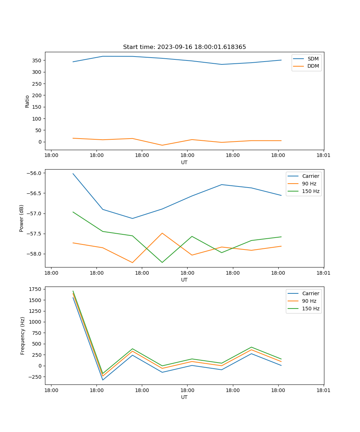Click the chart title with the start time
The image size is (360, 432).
pyautogui.click(x=184, y=47)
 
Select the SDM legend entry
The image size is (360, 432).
pyautogui.click(x=313, y=59)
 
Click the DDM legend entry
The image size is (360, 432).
pyautogui.click(x=313, y=66)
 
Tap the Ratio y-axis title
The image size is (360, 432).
pyautogui.click(x=27, y=101)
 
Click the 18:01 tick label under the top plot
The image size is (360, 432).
pyautogui.click(x=323, y=156)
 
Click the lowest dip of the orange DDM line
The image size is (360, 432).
pyautogui.click(x=162, y=145)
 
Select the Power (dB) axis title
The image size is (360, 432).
pyautogui.click(x=22, y=218)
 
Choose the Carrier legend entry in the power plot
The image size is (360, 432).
pyautogui.click(x=310, y=176)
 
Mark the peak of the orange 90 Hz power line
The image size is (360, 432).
pyautogui.click(x=162, y=233)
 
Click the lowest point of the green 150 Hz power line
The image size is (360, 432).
pyautogui.click(x=162, y=262)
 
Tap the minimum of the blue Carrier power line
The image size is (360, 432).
pyautogui.click(x=132, y=219)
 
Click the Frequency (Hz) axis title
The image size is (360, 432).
pyautogui.click(x=23, y=336)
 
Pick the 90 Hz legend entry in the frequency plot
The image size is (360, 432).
pyautogui.click(x=309, y=301)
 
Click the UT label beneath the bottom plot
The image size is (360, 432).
pyautogui.click(x=184, y=397)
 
